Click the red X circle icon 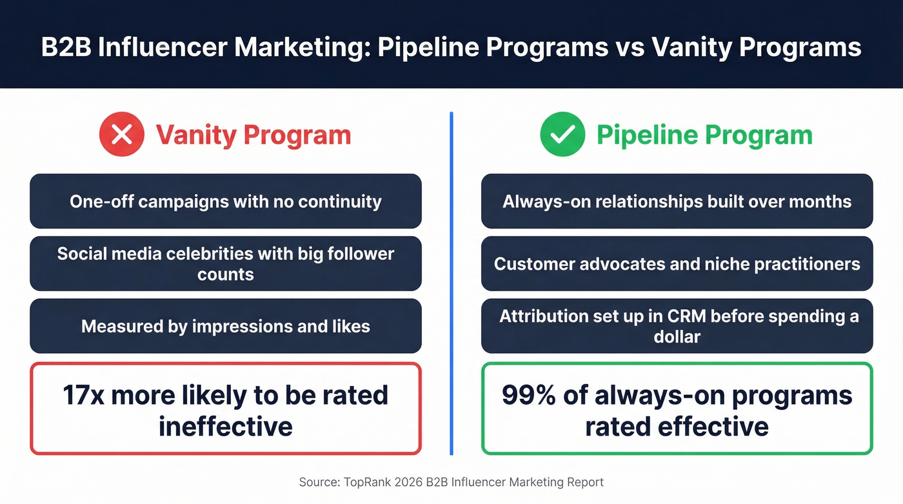point(122,135)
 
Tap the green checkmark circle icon point(562,135)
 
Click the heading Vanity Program point(253,135)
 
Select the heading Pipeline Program point(704,135)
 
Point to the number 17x point(84,395)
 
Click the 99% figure point(526,395)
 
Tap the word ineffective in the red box point(225,427)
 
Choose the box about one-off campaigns point(225,201)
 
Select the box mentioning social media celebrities point(225,263)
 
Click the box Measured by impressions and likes point(225,326)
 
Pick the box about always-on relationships point(677,201)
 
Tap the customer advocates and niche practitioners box point(677,263)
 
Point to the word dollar point(677,336)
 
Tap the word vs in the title point(633,48)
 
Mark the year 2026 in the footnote point(400,482)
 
